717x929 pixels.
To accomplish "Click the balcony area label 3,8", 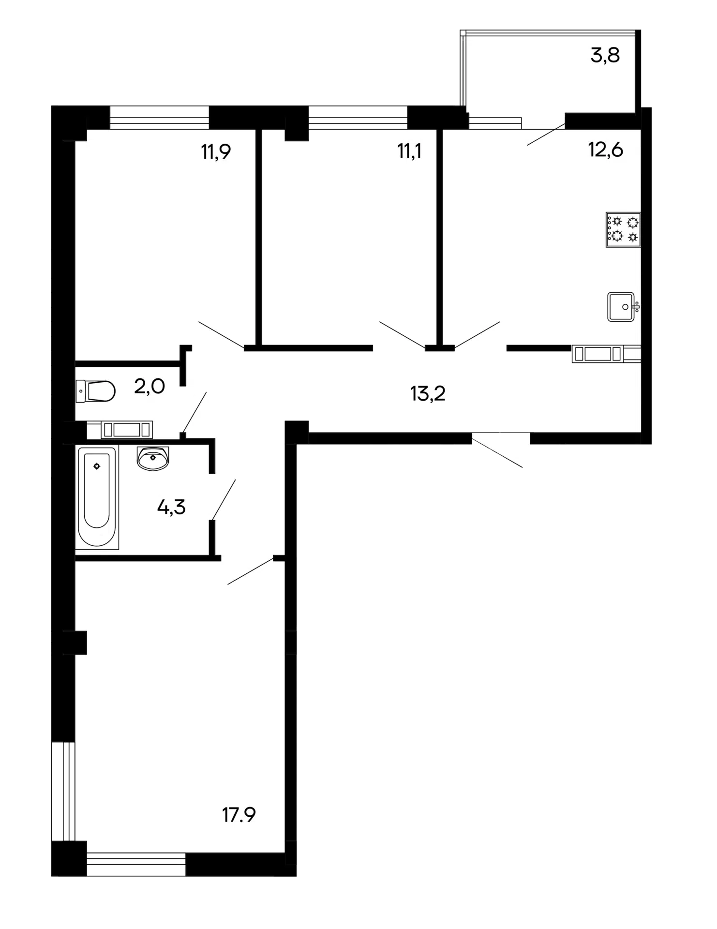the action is tap(605, 56).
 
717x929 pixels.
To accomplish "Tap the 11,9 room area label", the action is tap(216, 152).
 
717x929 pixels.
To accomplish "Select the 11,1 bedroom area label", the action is tap(409, 151).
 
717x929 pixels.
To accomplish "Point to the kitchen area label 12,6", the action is tap(605, 150).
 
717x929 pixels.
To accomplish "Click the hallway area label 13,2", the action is tap(428, 394).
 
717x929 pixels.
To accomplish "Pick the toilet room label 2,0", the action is tap(149, 387).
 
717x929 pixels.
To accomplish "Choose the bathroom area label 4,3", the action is tap(171, 507).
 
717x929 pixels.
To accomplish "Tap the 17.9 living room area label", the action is tap(239, 815).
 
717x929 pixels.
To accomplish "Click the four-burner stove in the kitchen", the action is tap(623, 230).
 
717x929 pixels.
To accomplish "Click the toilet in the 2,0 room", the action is tap(95, 391).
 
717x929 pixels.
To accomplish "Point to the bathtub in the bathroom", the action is tap(97, 497).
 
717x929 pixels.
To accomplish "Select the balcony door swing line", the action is tap(546, 135).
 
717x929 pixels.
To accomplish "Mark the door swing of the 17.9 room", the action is tap(251, 571).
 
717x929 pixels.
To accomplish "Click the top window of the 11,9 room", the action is tap(160, 118).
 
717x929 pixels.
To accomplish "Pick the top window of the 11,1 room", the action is tap(358, 118).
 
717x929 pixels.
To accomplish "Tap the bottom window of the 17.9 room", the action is tap(136, 864).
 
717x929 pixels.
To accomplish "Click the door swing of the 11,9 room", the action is tap(221, 334).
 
